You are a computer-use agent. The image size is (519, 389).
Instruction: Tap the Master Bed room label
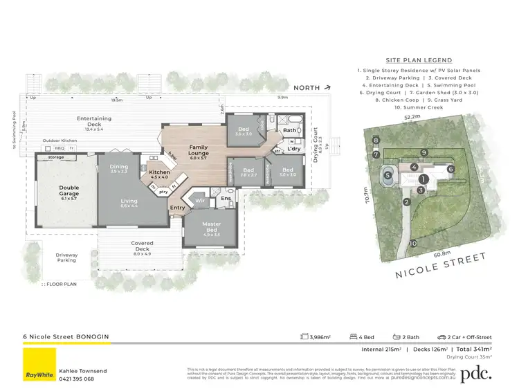click(212, 226)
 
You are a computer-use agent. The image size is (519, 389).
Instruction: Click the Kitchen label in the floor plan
click(160, 173)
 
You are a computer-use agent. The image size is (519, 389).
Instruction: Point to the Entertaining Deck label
click(93, 122)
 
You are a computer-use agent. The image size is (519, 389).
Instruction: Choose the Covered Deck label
click(141, 246)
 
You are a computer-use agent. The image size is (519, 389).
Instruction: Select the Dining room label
click(119, 167)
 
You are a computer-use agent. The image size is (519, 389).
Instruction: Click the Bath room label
click(290, 129)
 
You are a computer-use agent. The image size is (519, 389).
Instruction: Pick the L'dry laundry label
click(293, 149)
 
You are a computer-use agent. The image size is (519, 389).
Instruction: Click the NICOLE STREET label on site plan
click(440, 265)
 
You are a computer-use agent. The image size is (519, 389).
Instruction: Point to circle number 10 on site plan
click(412, 244)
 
